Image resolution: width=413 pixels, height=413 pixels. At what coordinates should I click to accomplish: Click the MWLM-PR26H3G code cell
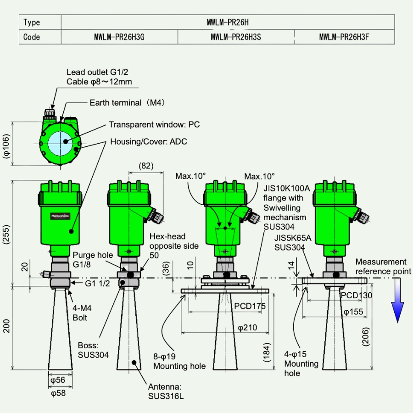pos(119,37)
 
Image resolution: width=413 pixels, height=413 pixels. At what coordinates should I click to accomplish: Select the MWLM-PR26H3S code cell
pos(235,37)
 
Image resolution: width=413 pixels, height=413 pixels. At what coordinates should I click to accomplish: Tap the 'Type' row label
pos(32,22)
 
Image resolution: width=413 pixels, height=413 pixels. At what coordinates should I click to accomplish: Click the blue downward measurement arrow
pos(397,305)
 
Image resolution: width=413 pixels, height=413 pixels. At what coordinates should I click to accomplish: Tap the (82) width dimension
pos(145,166)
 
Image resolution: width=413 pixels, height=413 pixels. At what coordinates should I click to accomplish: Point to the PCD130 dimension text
pos(356,296)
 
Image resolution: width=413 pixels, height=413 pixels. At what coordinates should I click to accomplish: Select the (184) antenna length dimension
pos(268,352)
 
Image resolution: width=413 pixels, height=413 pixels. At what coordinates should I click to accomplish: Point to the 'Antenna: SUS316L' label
pos(166,391)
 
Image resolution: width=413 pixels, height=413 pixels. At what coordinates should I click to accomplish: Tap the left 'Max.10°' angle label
pos(190,176)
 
